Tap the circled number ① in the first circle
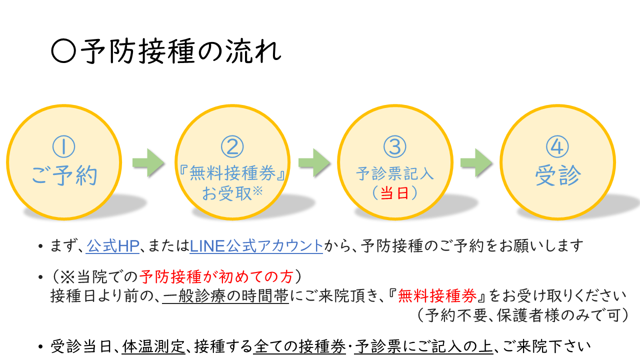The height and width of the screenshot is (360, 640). click(63, 147)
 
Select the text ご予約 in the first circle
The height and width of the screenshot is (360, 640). click(64, 175)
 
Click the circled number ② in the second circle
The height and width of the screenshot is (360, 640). click(232, 147)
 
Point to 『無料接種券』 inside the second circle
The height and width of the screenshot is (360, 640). click(232, 174)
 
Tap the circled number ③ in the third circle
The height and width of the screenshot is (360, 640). click(395, 147)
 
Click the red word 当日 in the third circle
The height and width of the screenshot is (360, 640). click(394, 193)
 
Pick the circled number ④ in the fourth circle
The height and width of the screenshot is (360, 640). click(557, 147)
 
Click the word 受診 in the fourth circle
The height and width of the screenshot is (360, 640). click(557, 175)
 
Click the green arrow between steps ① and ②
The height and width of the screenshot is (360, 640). click(148, 162)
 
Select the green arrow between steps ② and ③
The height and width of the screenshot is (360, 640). click(314, 162)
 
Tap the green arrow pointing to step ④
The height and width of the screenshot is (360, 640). click(476, 162)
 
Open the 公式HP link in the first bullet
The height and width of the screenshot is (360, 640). click(112, 246)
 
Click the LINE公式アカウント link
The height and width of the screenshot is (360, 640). click(256, 246)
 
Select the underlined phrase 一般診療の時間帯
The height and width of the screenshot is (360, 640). click(225, 296)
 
